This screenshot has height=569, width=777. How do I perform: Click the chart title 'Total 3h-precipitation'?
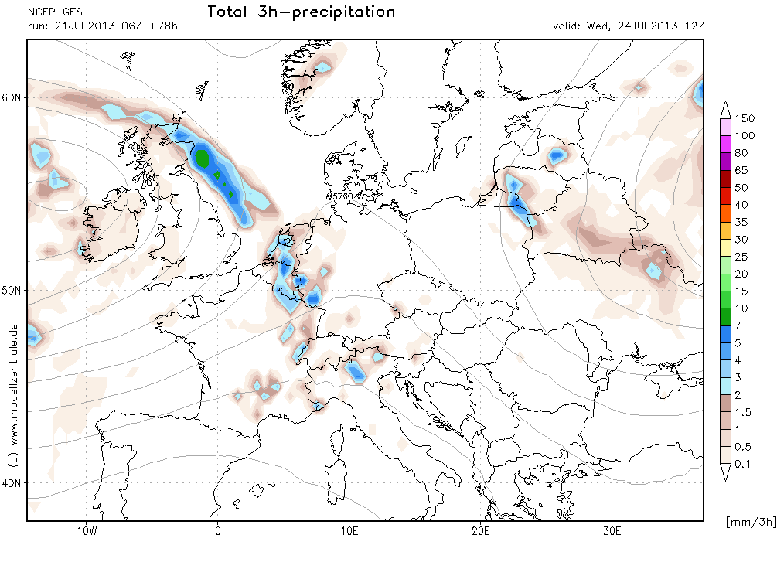click(x=301, y=12)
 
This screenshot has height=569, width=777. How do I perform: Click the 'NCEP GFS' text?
click(x=55, y=12)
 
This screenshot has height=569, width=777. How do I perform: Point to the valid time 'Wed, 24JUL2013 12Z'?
click(x=646, y=26)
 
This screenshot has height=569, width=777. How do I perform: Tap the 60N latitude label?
click(x=12, y=97)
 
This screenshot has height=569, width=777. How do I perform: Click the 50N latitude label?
click(x=12, y=291)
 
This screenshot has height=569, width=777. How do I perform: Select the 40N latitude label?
click(x=12, y=482)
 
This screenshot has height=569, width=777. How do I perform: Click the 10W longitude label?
click(x=87, y=531)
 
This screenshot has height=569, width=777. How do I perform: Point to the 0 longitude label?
click(x=218, y=531)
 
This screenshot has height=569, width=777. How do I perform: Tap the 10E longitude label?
click(x=349, y=531)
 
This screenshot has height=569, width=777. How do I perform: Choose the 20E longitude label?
click(x=481, y=531)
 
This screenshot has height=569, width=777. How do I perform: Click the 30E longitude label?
click(x=612, y=531)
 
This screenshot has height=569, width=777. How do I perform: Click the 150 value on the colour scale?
click(x=745, y=118)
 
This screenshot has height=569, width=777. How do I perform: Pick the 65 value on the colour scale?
click(x=741, y=171)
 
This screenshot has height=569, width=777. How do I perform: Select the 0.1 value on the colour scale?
click(x=743, y=464)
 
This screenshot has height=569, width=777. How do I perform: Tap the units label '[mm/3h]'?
click(x=751, y=521)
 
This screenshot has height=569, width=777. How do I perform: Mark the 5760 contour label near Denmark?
click(x=342, y=197)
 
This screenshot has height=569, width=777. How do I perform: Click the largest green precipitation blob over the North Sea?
click(x=203, y=158)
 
